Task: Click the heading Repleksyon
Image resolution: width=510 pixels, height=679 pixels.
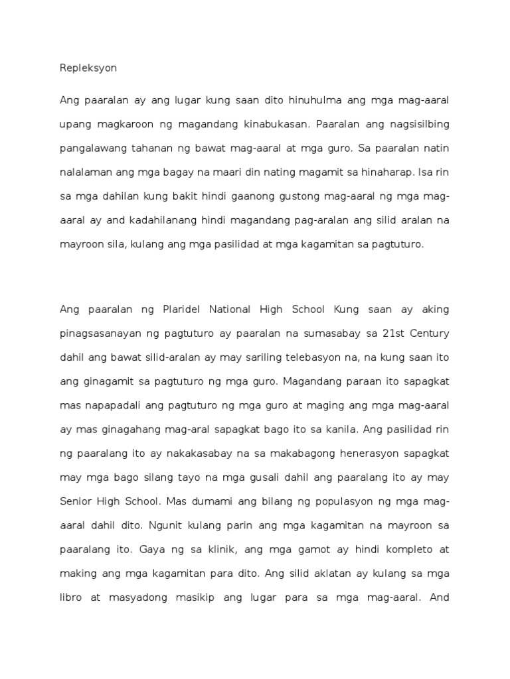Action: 88,68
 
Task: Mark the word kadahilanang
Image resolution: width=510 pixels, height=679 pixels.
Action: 158,219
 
